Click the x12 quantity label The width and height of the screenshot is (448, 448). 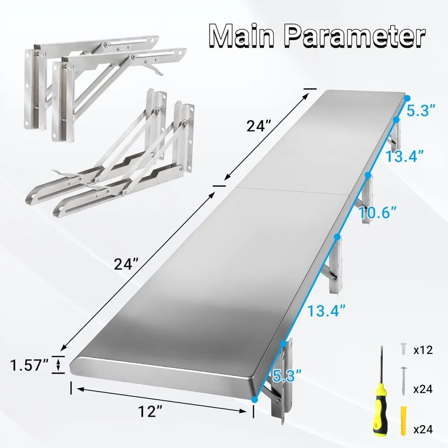point(423,350)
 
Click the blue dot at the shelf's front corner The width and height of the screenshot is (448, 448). point(254,398)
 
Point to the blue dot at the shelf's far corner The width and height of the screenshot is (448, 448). point(407,97)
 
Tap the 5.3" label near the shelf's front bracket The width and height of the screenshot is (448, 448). point(285,374)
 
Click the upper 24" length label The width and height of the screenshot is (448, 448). point(258,127)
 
